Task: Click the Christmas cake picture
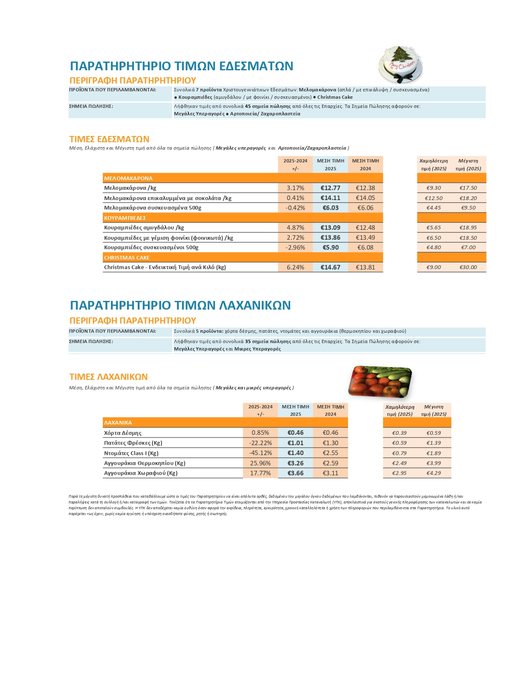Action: point(401,65)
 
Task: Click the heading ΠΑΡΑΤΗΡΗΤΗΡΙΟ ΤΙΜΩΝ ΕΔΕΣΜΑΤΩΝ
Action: point(181,66)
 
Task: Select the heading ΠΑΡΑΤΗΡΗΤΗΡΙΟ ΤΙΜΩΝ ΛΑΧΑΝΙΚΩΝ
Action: point(180,305)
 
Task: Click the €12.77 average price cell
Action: point(330,188)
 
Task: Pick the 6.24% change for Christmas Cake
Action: point(295,267)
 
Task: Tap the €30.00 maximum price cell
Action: point(468,267)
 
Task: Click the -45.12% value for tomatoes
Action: point(260,453)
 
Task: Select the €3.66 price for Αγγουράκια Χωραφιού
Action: point(295,473)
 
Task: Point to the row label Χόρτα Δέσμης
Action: point(123,433)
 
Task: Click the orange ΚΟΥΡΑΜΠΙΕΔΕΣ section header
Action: point(125,218)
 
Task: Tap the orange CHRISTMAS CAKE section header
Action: point(127,258)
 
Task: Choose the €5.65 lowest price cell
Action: point(433,228)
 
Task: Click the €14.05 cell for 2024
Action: point(365,198)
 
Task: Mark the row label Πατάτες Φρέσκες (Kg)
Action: point(133,443)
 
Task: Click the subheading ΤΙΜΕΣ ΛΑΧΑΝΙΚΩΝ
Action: point(108,377)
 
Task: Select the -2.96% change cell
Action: point(295,248)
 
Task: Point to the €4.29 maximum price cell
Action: point(434,473)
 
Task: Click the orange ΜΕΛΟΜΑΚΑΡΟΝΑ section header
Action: point(128,178)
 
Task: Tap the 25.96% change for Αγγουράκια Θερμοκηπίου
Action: point(260,463)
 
